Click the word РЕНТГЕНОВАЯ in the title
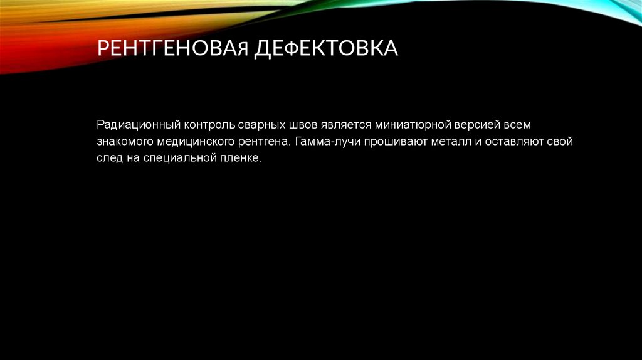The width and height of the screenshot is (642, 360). pyautogui.click(x=172, y=48)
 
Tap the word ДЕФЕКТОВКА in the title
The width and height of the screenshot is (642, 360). pyautogui.click(x=325, y=48)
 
